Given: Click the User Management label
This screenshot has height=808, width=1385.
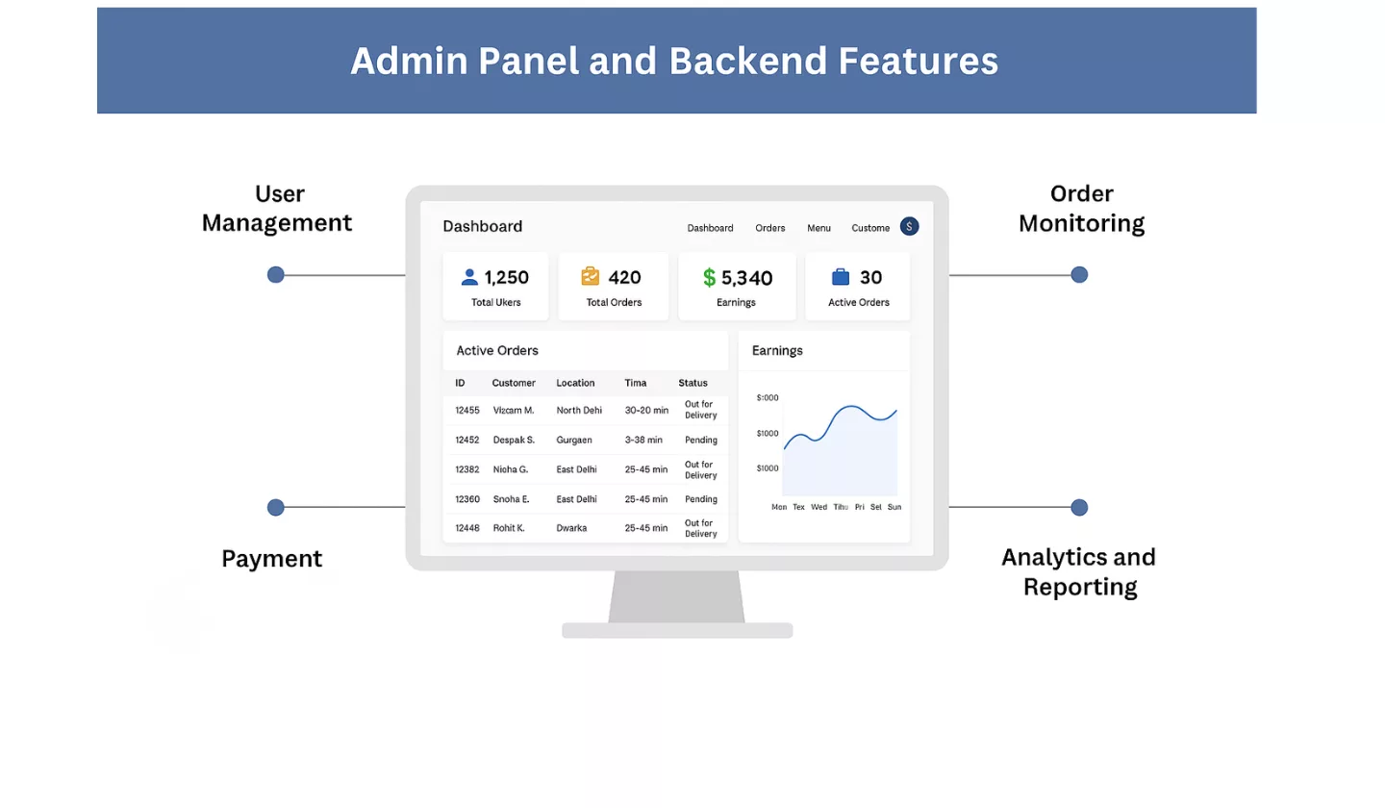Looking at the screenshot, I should pyautogui.click(x=277, y=209).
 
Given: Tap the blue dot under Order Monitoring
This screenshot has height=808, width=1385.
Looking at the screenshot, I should pyautogui.click(x=1079, y=275).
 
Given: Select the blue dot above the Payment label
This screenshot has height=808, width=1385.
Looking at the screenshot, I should pyautogui.click(x=276, y=507).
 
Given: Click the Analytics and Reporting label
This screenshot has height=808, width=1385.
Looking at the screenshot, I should pyautogui.click(x=1079, y=571).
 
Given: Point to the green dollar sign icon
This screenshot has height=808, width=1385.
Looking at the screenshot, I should pyautogui.click(x=710, y=278).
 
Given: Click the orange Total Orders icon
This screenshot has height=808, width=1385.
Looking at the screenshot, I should pyautogui.click(x=591, y=277).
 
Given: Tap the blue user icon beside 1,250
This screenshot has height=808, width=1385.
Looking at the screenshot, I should pyautogui.click(x=469, y=277).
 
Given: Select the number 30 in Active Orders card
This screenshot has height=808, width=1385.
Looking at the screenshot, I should pyautogui.click(x=870, y=278).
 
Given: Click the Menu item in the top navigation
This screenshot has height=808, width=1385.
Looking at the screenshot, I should pyautogui.click(x=819, y=228).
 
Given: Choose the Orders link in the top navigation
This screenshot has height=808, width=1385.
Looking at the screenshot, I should pyautogui.click(x=770, y=228).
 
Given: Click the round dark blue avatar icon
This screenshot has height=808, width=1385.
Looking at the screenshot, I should pyautogui.click(x=909, y=227).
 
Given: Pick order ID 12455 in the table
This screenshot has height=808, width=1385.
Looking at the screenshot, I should pyautogui.click(x=467, y=411).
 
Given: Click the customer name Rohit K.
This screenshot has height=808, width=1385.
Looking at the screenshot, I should pyautogui.click(x=509, y=528).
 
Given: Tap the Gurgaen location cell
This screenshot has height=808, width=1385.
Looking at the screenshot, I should pyautogui.click(x=574, y=441).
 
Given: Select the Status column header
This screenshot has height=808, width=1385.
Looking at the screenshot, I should pyautogui.click(x=692, y=383).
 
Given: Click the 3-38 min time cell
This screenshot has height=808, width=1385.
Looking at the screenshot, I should pyautogui.click(x=643, y=441).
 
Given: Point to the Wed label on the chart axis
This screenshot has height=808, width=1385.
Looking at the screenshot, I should pyautogui.click(x=818, y=507).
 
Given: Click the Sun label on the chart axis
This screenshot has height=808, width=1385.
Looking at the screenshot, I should pyautogui.click(x=894, y=507).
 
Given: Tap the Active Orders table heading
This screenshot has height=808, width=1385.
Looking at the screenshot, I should pyautogui.click(x=497, y=351).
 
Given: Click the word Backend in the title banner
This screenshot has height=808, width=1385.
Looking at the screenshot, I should pyautogui.click(x=747, y=61).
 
